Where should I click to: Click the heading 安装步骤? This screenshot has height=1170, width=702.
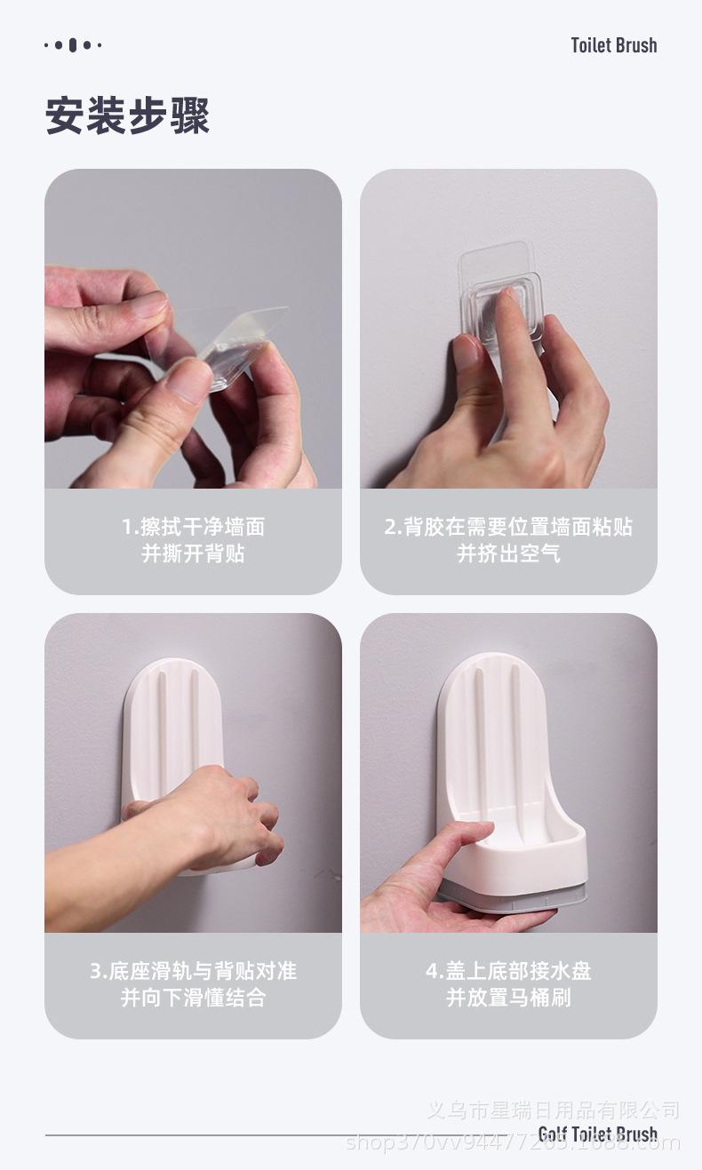click(127, 116)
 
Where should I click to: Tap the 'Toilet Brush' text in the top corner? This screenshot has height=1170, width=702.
click(613, 45)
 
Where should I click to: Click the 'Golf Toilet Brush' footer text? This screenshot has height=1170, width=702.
click(597, 1134)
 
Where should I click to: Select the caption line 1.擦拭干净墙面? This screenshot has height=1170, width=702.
click(193, 527)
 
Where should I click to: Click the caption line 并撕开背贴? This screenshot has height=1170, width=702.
click(193, 553)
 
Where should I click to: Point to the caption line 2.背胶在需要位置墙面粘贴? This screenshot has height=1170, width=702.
click(508, 527)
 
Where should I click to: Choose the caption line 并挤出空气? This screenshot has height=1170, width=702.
click(508, 553)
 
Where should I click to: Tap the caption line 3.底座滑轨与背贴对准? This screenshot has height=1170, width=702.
click(193, 971)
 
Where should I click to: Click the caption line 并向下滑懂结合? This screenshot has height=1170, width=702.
click(193, 998)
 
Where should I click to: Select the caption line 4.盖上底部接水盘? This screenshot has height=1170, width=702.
click(508, 971)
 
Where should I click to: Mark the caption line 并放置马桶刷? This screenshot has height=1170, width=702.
click(508, 998)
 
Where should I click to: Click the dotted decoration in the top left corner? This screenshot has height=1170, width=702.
click(73, 45)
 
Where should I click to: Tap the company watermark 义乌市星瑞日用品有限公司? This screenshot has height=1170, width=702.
click(553, 1110)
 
